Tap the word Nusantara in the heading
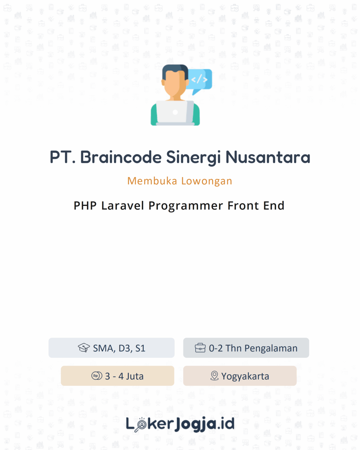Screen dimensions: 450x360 (268, 157)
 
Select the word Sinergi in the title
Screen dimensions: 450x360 (193, 157)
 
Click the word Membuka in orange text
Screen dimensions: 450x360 (152, 181)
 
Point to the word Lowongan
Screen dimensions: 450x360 (207, 181)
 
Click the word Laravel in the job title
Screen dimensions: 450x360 (123, 206)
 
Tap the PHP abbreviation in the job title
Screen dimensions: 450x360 (85, 206)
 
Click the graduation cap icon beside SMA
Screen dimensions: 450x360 (84, 348)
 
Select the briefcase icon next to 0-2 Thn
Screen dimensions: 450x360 (200, 348)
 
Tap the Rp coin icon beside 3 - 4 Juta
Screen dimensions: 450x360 (97, 376)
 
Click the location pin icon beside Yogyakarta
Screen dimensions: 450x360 (214, 376)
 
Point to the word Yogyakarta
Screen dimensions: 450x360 (245, 376)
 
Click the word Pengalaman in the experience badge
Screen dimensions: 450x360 (271, 348)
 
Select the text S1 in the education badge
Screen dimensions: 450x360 (140, 348)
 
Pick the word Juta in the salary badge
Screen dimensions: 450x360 (135, 376)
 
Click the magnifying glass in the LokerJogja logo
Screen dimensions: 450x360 (141, 425)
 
